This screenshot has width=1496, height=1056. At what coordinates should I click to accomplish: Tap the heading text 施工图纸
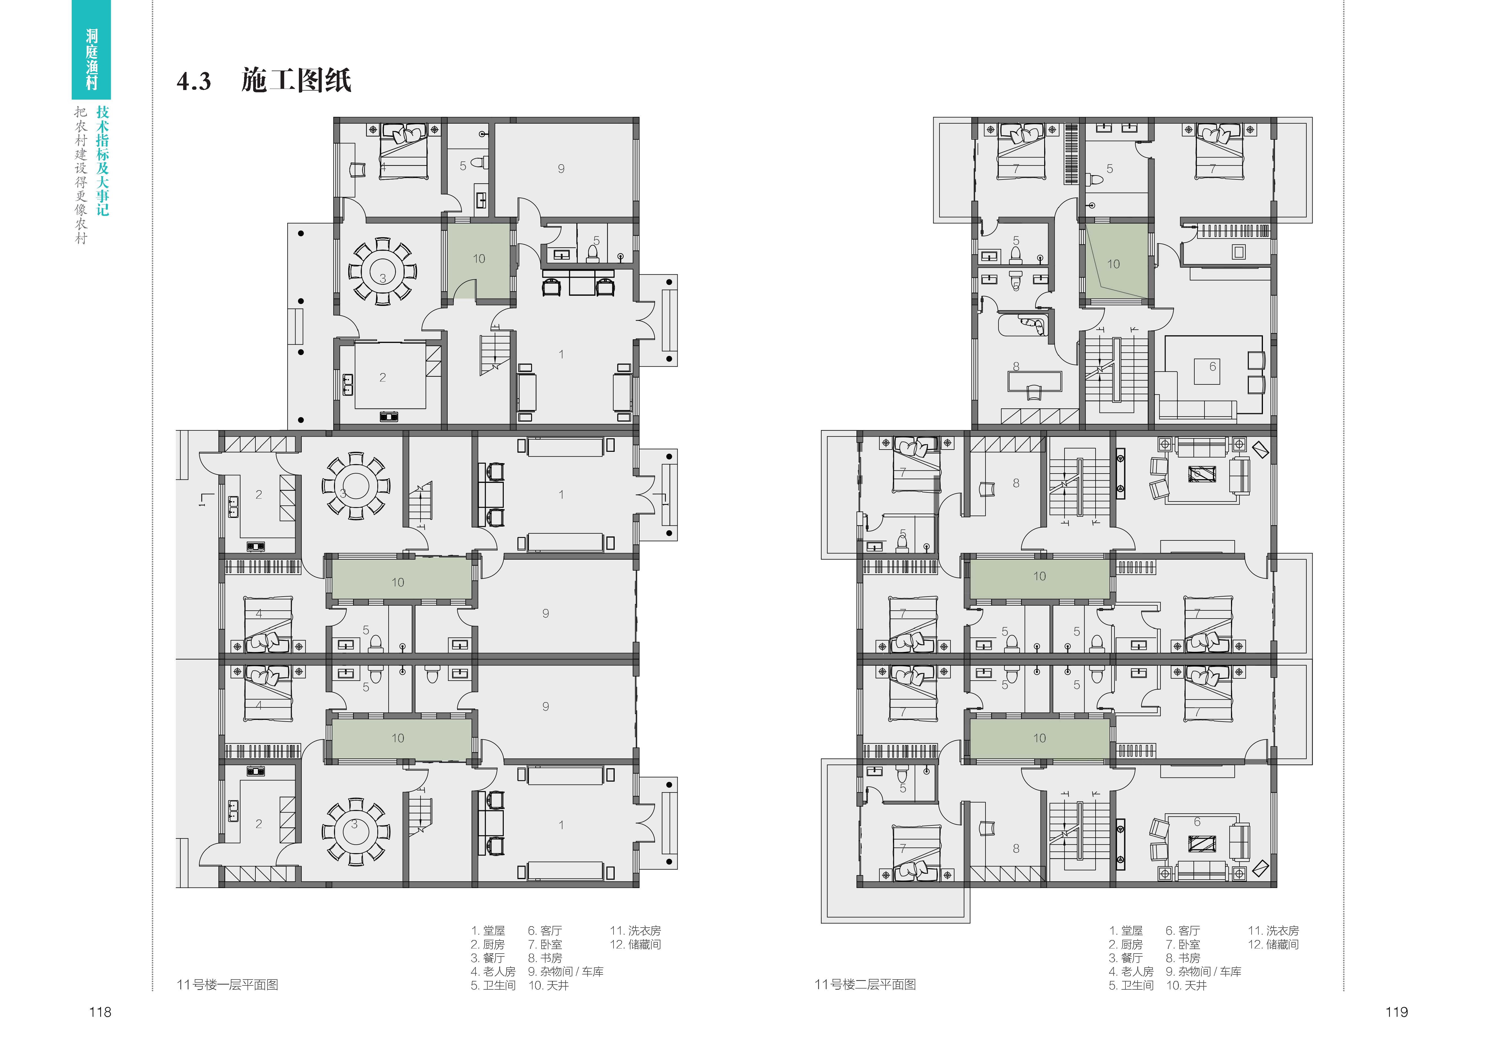[297, 80]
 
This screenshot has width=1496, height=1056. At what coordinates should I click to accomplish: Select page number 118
[100, 1012]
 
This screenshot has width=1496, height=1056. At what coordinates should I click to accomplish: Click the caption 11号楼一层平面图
[227, 984]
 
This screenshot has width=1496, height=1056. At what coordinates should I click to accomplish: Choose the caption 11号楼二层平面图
[865, 984]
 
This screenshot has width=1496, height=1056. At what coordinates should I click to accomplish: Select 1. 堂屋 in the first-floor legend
[488, 931]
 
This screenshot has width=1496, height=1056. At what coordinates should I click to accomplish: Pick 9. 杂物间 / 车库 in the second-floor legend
[1203, 971]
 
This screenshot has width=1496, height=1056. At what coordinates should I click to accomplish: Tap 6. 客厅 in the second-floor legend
[1182, 931]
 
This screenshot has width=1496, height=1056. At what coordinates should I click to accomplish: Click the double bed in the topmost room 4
[404, 151]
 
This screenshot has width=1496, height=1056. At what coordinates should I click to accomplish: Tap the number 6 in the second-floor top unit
[1213, 367]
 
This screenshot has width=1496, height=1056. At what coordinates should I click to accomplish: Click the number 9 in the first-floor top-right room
[561, 169]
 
